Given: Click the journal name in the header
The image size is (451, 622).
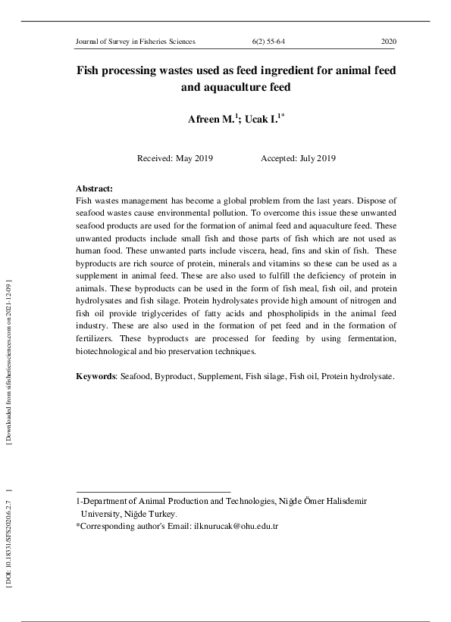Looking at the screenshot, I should point(136,42).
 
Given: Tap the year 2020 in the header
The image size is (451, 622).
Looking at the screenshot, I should point(388,42).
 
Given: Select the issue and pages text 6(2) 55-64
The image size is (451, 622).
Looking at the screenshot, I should point(268,42).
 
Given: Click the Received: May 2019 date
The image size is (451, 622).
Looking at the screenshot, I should point(174,158).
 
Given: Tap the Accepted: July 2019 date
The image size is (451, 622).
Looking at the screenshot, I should point(298,158).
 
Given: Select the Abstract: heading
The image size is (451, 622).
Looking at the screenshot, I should point(95,188).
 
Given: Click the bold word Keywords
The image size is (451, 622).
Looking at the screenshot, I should point(95,376).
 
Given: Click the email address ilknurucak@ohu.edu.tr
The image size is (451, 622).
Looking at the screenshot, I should point(236,525).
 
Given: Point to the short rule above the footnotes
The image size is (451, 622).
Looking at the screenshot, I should point(153,491).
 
